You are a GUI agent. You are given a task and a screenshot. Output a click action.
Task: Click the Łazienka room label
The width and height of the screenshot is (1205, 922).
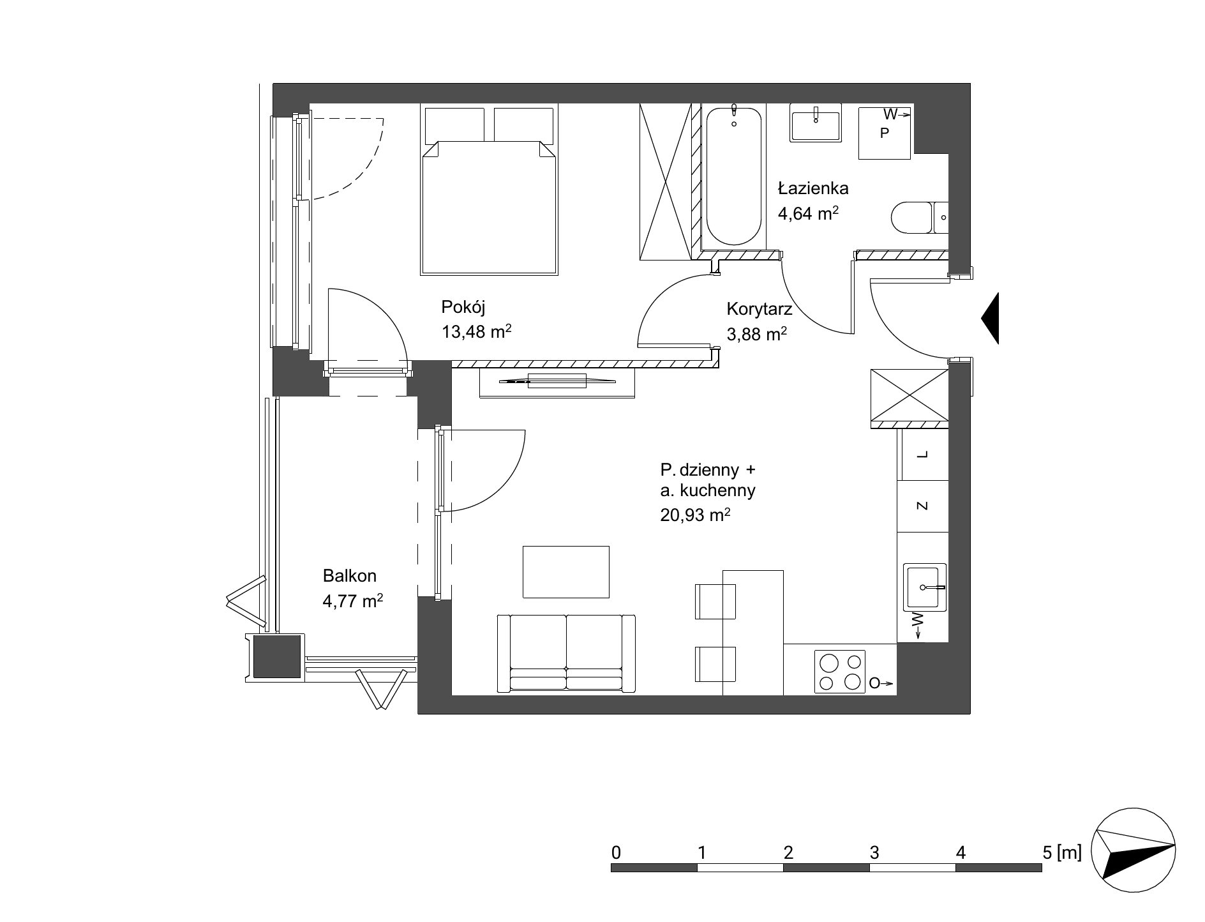click(x=812, y=188)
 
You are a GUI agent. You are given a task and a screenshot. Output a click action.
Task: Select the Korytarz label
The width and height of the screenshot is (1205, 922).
click(x=760, y=310)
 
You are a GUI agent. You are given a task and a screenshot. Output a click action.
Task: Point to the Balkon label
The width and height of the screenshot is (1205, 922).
click(x=350, y=576)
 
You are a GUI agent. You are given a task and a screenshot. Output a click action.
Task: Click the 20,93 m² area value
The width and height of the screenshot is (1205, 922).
click(x=696, y=515)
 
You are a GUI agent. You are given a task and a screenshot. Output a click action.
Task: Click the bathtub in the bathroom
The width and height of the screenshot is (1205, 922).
click(x=733, y=178)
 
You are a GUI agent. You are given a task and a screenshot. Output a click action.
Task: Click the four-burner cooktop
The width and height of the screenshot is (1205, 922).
click(x=840, y=672)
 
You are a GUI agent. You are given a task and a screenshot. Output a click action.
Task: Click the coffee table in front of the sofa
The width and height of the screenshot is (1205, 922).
click(x=566, y=572)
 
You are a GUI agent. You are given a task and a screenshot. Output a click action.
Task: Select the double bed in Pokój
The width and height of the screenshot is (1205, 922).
click(x=490, y=190)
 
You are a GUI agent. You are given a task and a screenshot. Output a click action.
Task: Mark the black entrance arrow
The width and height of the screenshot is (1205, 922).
click(x=990, y=319)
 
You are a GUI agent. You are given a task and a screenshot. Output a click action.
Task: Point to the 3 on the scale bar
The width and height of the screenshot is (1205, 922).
click(x=874, y=852)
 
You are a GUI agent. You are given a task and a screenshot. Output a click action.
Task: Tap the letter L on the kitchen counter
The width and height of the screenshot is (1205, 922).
click(x=922, y=455)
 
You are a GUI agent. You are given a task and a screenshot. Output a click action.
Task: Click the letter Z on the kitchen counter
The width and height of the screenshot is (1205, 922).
click(x=922, y=506)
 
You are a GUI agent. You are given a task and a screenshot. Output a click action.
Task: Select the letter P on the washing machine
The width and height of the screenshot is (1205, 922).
click(x=884, y=133)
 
